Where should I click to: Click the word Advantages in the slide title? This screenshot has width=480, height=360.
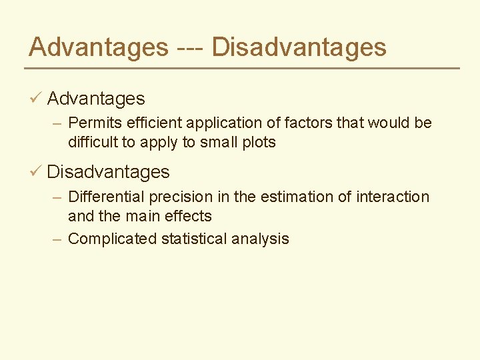[99, 47]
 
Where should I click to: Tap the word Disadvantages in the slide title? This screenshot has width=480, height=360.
[299, 47]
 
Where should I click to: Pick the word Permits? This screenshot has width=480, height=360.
[92, 123]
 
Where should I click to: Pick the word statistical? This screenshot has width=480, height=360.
[194, 239]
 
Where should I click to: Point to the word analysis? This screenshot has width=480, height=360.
[261, 239]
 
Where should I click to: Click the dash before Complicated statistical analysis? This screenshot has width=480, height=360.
[57, 239]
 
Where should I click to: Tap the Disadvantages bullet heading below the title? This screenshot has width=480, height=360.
[108, 172]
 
